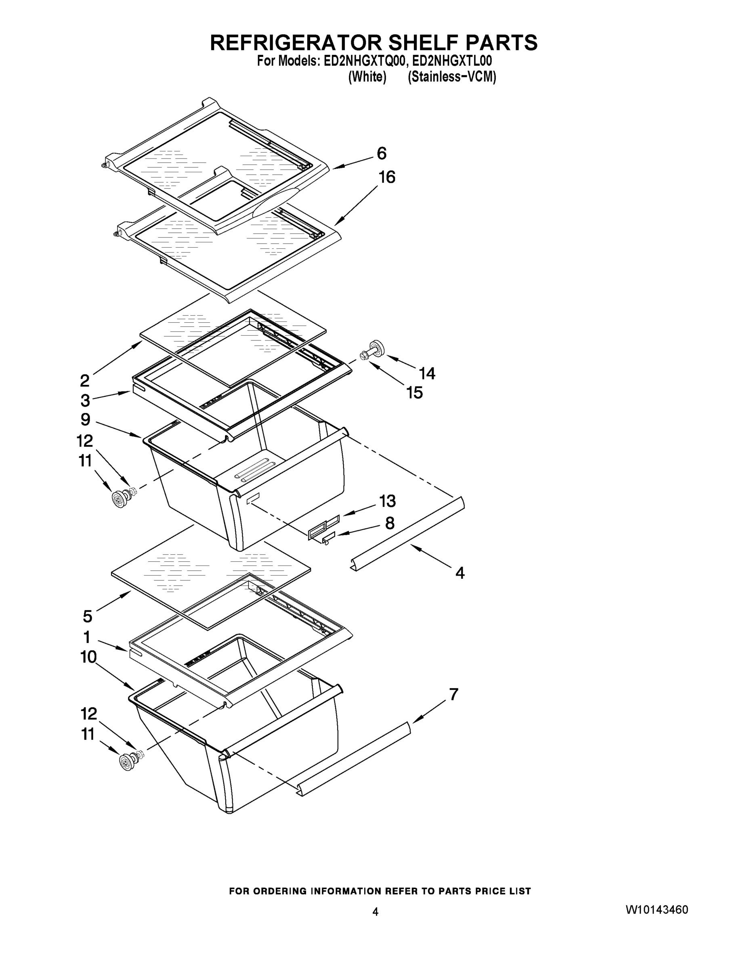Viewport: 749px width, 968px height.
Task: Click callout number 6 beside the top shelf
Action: pyautogui.click(x=382, y=153)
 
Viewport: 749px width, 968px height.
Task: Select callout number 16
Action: pyautogui.click(x=386, y=177)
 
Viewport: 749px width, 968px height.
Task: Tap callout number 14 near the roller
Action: pyautogui.click(x=427, y=373)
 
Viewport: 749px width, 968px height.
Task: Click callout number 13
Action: pyautogui.click(x=387, y=501)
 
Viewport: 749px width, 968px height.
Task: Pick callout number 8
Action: pyautogui.click(x=390, y=523)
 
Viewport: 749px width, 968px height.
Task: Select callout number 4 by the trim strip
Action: pyautogui.click(x=459, y=573)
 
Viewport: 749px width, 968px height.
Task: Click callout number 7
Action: pyautogui.click(x=453, y=694)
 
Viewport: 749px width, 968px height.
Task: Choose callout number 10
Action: pyautogui.click(x=88, y=657)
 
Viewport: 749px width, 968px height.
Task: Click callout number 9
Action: pyautogui.click(x=86, y=419)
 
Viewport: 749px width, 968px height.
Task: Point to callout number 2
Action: pyautogui.click(x=85, y=380)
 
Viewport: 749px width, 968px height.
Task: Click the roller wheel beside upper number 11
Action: pyautogui.click(x=119, y=499)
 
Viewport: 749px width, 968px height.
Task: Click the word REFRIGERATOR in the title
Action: pyautogui.click(x=295, y=43)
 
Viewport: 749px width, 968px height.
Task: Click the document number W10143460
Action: pyautogui.click(x=657, y=910)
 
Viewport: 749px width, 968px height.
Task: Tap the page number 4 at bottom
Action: pyautogui.click(x=376, y=912)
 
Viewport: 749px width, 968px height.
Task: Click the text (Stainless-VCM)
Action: pyautogui.click(x=451, y=77)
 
